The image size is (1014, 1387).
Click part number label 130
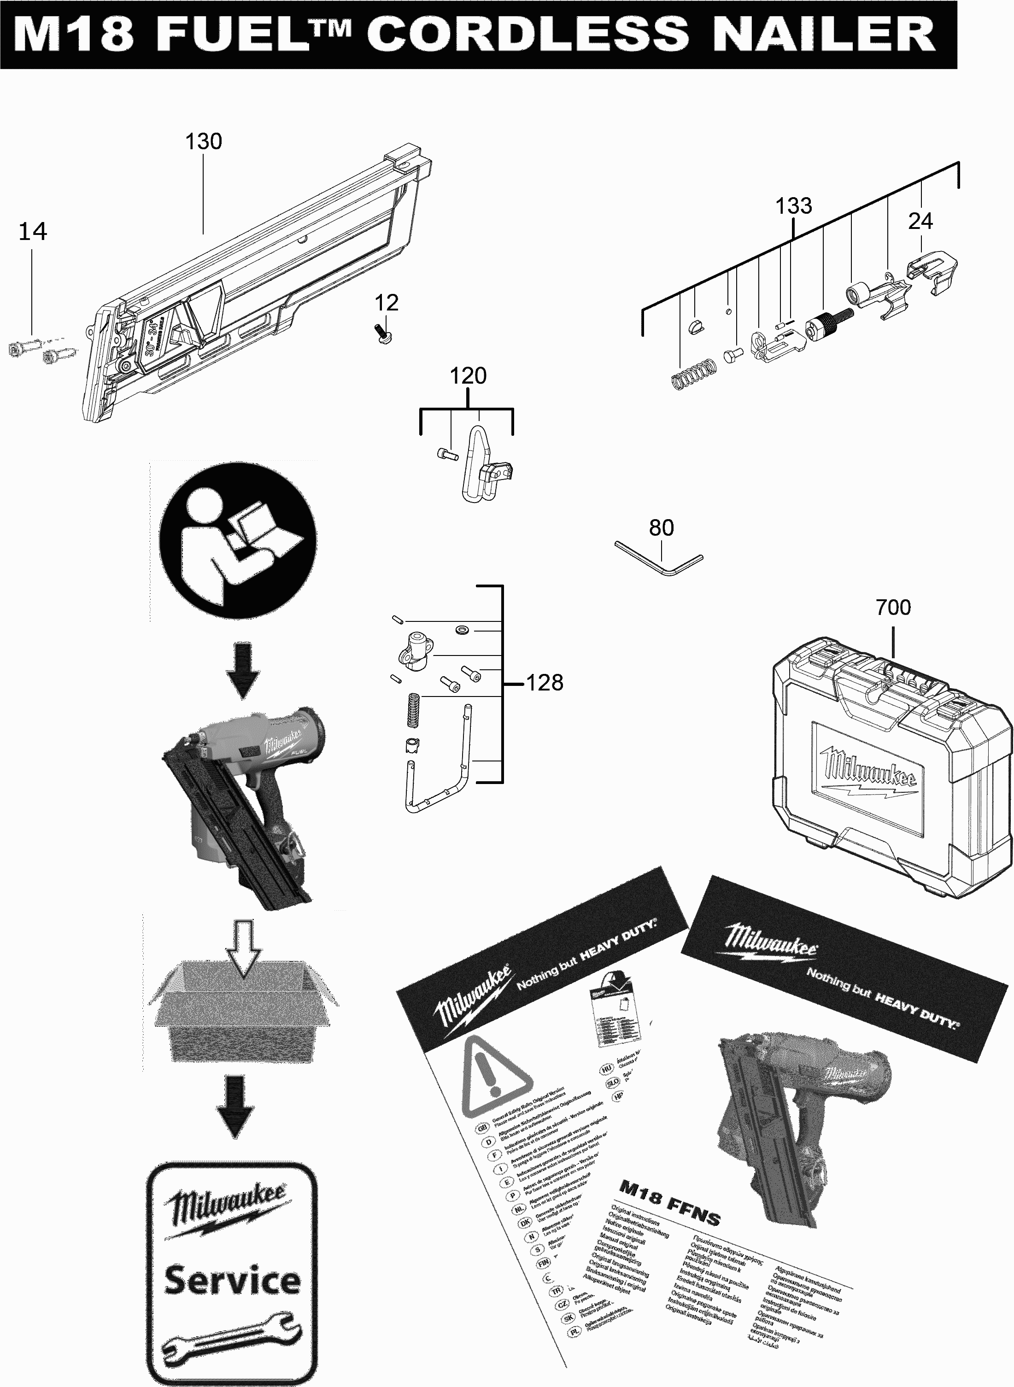[203, 142]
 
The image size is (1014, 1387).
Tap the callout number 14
[33, 232]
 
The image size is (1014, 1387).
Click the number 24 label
[920, 222]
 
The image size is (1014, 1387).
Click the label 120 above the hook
[468, 375]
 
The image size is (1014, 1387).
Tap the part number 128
[545, 683]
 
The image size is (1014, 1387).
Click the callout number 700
[893, 608]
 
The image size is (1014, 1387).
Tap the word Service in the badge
[232, 1281]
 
